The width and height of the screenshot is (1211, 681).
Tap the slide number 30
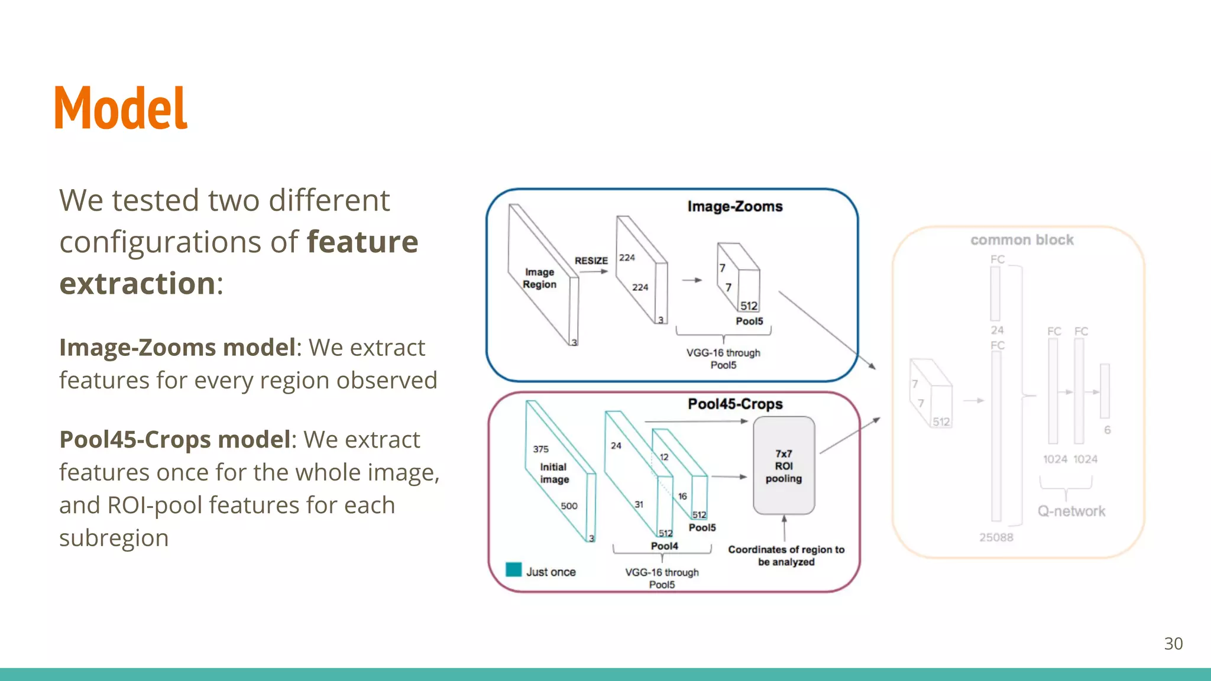pyautogui.click(x=1173, y=644)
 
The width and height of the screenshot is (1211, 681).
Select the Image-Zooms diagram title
pyautogui.click(x=735, y=206)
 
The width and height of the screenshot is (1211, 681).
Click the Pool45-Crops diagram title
pyautogui.click(x=735, y=404)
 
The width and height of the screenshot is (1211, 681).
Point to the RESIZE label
pyautogui.click(x=591, y=261)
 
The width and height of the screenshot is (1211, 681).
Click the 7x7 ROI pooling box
pyautogui.click(x=783, y=466)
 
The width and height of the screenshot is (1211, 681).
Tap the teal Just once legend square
pyautogui.click(x=514, y=570)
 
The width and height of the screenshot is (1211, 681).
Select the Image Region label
pyautogui.click(x=539, y=278)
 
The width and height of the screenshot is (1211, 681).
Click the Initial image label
pyautogui.click(x=554, y=473)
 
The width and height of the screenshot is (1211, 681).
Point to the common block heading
pyautogui.click(x=1022, y=240)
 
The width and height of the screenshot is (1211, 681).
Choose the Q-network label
pyautogui.click(x=1071, y=511)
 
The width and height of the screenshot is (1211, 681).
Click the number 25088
pyautogui.click(x=996, y=537)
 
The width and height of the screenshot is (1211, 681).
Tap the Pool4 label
pyautogui.click(x=664, y=546)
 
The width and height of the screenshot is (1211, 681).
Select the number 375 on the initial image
pyautogui.click(x=540, y=449)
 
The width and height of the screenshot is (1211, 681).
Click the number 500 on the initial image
pyautogui.click(x=569, y=506)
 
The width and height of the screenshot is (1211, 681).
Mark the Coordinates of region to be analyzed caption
pyautogui.click(x=786, y=556)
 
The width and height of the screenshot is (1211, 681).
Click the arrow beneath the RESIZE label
pyautogui.click(x=594, y=272)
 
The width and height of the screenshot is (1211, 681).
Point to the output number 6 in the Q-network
pyautogui.click(x=1107, y=430)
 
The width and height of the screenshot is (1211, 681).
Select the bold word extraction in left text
pyautogui.click(x=137, y=284)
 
